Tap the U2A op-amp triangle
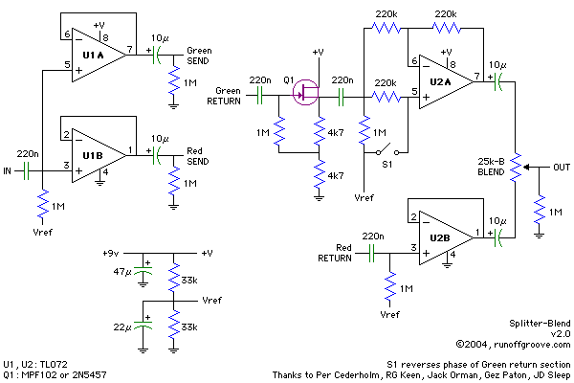click(x=441, y=83)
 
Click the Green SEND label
click(x=200, y=54)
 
